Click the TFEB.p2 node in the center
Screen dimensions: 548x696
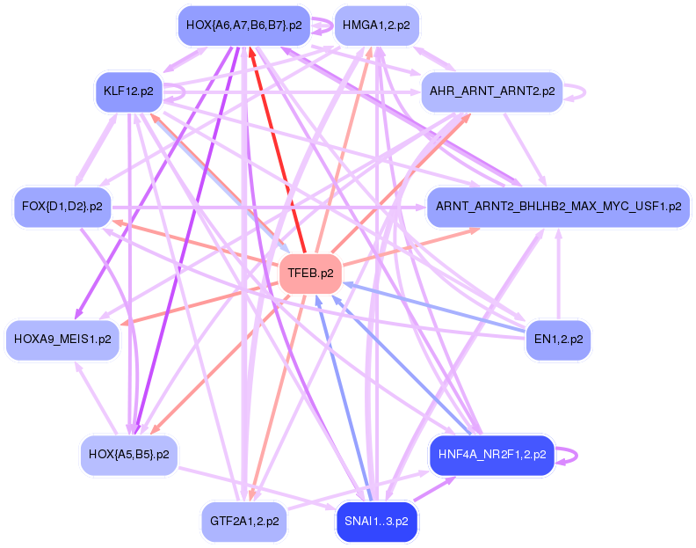tap(310, 274)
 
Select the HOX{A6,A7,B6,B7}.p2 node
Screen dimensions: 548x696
tap(243, 26)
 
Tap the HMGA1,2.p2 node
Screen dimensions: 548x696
tap(377, 26)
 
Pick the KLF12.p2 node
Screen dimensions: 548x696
tap(128, 91)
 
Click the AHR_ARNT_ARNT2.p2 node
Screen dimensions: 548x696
tap(491, 91)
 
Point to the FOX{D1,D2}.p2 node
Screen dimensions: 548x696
tap(60, 208)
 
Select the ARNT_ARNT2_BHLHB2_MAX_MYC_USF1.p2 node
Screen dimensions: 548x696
tap(558, 208)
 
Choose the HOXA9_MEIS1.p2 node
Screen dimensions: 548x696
tap(62, 339)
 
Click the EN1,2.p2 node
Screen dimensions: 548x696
tap(558, 339)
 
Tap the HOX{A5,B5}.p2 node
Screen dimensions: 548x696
tap(129, 455)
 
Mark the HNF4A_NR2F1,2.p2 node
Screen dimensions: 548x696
tap(491, 455)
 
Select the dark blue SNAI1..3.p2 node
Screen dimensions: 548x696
tap(376, 521)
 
